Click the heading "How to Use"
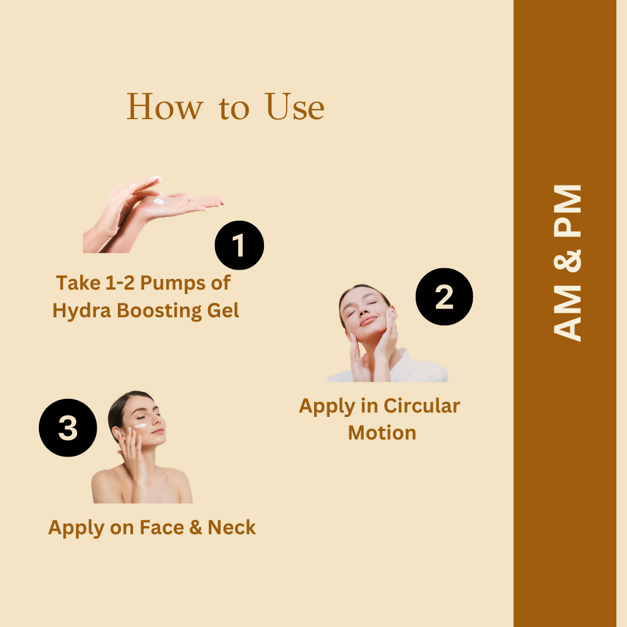(x=226, y=107)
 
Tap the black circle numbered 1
(x=239, y=245)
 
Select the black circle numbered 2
(x=444, y=297)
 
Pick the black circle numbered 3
(x=68, y=428)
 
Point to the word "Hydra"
(x=80, y=310)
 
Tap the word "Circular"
(x=421, y=406)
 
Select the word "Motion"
(x=382, y=433)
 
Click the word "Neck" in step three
(x=231, y=527)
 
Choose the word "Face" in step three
(x=161, y=527)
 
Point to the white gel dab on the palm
(x=159, y=201)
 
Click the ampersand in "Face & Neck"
(x=196, y=527)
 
